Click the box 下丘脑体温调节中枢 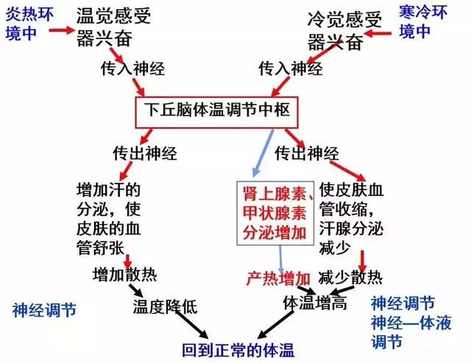(216, 112)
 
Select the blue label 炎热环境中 (29, 24)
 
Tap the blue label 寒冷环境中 (423, 22)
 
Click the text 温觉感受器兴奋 (113, 27)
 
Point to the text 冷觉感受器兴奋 (344, 30)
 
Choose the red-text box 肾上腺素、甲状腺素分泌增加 (275, 213)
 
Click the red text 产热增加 (278, 278)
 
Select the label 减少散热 (350, 278)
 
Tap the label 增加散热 (124, 275)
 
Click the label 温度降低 (165, 306)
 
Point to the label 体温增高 (315, 303)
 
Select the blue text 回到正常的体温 (238, 350)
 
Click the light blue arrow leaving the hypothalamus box (263, 153)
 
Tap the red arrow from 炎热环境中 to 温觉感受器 (62, 30)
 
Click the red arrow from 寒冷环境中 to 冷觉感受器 (378, 33)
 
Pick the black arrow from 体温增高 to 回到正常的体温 (275, 325)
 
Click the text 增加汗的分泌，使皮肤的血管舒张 (108, 219)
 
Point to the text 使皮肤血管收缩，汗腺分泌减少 (351, 218)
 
